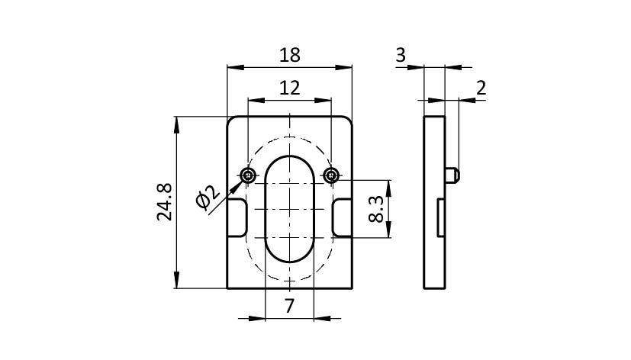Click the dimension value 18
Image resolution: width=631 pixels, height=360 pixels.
tap(290, 55)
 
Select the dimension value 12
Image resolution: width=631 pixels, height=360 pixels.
tap(290, 88)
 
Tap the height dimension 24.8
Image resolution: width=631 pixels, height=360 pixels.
tap(165, 202)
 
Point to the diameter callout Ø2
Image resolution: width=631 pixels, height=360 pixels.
tap(208, 198)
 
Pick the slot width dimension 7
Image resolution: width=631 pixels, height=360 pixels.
tap(290, 306)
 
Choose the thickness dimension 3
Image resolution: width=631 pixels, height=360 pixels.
tap(401, 55)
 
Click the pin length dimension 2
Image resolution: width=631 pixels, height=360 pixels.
tap(481, 88)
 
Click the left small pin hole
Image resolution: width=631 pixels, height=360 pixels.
tap(248, 175)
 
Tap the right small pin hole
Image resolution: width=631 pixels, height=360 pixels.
tap(331, 175)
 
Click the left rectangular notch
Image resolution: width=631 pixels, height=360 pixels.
tap(237, 217)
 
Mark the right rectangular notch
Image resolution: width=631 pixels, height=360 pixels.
tap(342, 217)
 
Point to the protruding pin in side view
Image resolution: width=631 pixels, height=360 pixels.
tap(452, 175)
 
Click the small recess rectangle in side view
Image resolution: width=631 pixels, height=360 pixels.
tap(441, 217)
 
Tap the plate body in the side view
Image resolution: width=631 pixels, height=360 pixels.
tap(434, 202)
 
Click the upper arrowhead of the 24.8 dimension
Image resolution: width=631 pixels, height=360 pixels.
tap(176, 125)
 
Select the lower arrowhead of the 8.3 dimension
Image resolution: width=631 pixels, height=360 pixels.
tap(388, 230)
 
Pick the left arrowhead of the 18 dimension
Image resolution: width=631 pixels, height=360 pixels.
tap(236, 68)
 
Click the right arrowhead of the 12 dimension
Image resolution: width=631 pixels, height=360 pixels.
tap(323, 100)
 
